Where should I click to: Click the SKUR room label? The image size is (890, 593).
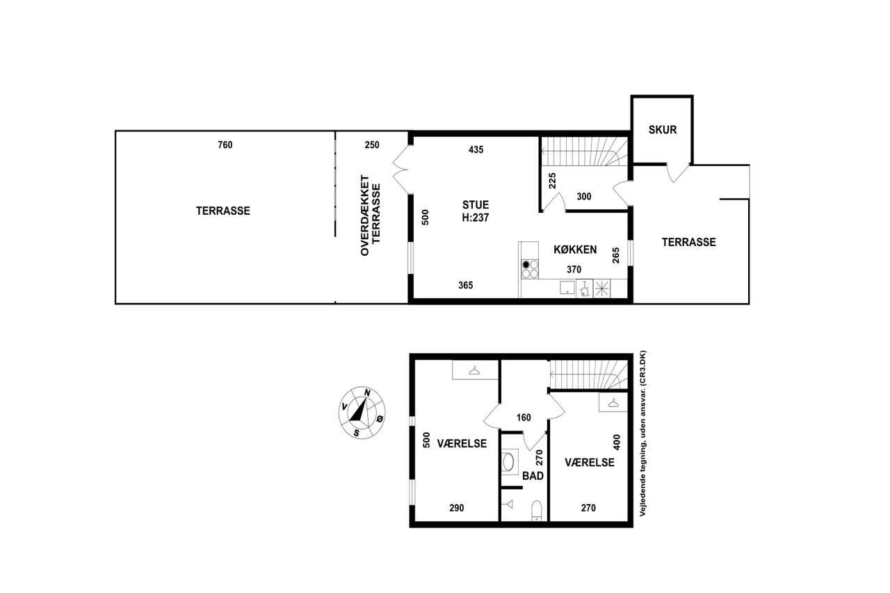point(663,129)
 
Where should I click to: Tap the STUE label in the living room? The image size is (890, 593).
point(476,205)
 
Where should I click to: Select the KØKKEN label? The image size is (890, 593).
point(575,250)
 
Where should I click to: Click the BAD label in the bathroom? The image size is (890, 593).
point(533,476)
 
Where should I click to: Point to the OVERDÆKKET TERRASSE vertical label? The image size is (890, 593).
point(371,216)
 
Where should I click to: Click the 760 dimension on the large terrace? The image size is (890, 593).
point(225,145)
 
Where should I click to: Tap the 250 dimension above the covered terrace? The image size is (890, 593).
point(372,145)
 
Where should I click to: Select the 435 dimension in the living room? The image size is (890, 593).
point(476,149)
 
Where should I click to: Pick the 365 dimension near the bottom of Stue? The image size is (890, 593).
point(466,285)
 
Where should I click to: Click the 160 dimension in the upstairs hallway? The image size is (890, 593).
point(524,417)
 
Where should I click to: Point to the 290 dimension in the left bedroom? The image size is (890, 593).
point(457,507)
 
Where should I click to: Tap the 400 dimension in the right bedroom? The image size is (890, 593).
point(617,442)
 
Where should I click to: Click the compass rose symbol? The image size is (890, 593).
point(362,413)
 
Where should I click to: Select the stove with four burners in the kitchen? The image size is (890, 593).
point(530,269)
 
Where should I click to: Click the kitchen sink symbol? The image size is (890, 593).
point(567,287)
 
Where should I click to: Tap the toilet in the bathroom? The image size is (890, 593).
point(536,510)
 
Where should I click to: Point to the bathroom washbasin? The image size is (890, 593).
point(508,462)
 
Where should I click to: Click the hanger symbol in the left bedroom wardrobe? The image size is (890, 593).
point(474,371)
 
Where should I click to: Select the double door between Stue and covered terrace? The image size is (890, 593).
point(400,170)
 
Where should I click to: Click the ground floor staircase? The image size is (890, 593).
point(585,152)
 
